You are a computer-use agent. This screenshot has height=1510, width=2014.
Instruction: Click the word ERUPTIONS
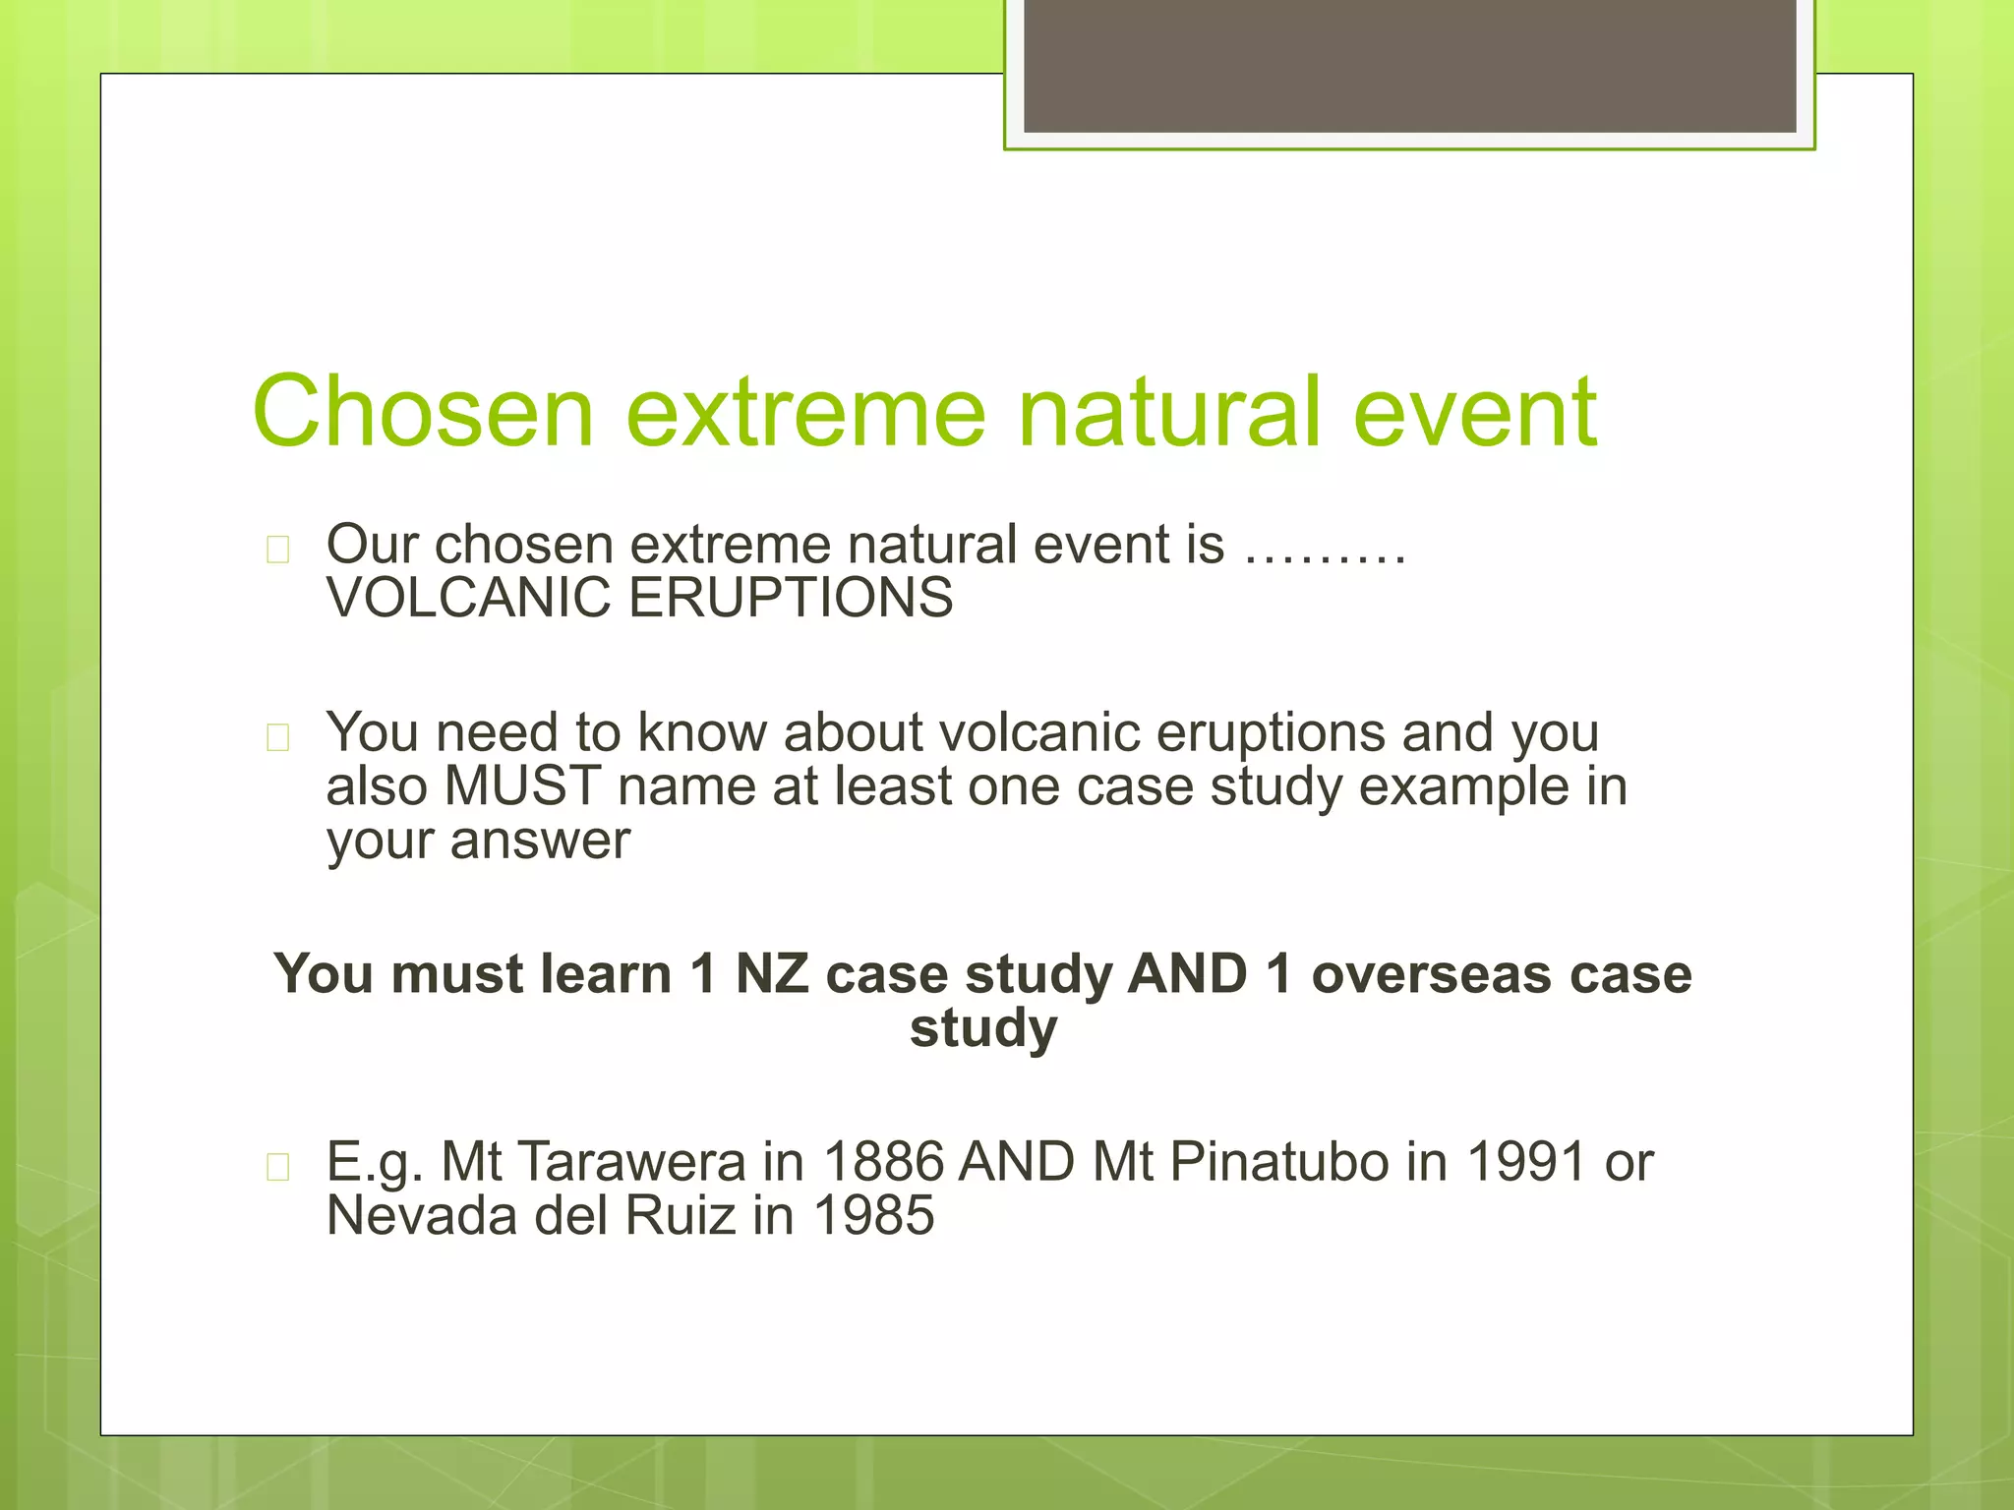coord(791,598)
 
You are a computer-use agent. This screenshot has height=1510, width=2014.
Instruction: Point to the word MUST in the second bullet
coord(522,786)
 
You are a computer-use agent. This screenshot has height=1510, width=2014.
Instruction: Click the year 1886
coord(883,1162)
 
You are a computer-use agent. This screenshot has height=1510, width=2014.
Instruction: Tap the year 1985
coord(873,1216)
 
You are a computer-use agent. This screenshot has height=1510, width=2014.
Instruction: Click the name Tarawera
coord(631,1162)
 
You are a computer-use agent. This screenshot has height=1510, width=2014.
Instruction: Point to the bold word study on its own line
coord(983,1028)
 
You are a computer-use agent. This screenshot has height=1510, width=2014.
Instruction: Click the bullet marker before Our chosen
coord(278,550)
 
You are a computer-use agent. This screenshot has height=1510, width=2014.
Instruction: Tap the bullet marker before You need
coord(278,737)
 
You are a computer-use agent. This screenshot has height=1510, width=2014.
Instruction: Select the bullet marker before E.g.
coord(278,1167)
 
